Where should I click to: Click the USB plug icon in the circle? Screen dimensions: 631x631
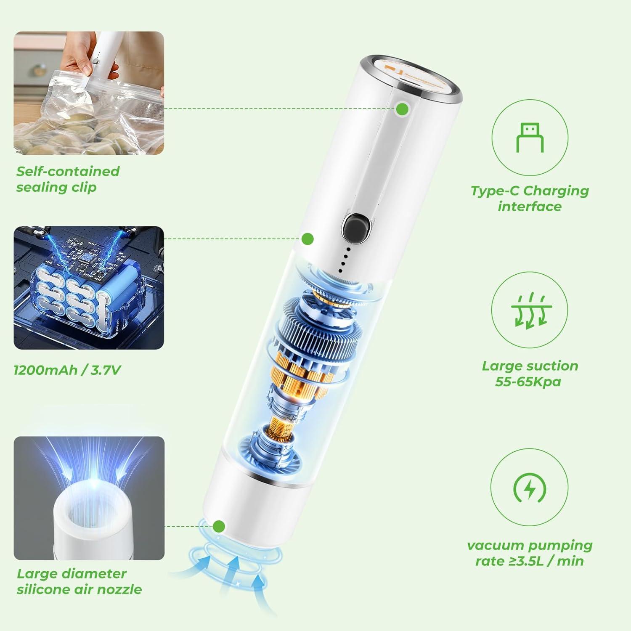coord(530,138)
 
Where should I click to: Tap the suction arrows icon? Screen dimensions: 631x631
coord(530,310)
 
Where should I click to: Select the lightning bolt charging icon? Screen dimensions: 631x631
coord(529,488)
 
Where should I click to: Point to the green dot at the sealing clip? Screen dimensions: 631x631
coord(402,109)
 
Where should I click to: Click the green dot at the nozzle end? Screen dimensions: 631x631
coord(219,526)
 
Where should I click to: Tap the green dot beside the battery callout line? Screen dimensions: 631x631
coord(308,239)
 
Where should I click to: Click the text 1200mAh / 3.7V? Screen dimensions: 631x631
coord(67,370)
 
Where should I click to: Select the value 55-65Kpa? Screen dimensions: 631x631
coord(528,382)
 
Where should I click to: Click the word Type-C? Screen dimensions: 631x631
coord(495,191)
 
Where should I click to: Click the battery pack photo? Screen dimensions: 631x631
coord(89,288)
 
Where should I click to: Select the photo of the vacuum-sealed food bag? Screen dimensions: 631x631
coord(89,93)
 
